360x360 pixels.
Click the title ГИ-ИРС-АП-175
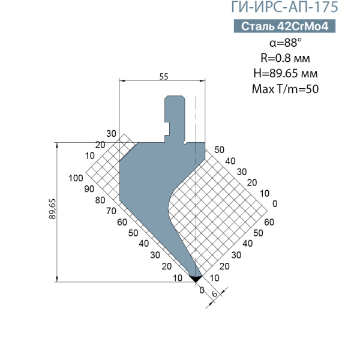tap(284, 7)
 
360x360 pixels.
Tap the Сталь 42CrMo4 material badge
tap(284, 26)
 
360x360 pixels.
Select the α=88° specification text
tap(286, 43)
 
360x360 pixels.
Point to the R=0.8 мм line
tap(285, 58)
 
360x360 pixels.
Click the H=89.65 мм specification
tap(286, 73)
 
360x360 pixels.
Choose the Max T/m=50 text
tap(285, 89)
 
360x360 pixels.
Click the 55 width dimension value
tap(164, 76)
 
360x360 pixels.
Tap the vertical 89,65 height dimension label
tap(53, 209)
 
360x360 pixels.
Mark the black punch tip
tap(196, 278)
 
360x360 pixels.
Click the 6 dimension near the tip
tap(214, 294)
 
